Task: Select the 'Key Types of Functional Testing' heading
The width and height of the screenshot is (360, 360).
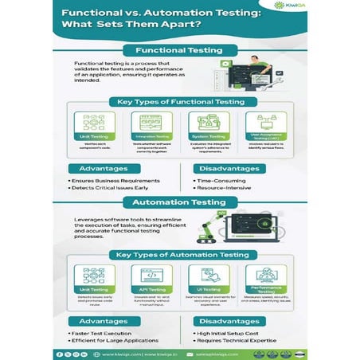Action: point(179,103)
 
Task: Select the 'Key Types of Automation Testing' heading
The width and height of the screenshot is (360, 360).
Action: point(179,255)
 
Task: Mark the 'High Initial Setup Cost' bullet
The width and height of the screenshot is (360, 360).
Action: point(231,333)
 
